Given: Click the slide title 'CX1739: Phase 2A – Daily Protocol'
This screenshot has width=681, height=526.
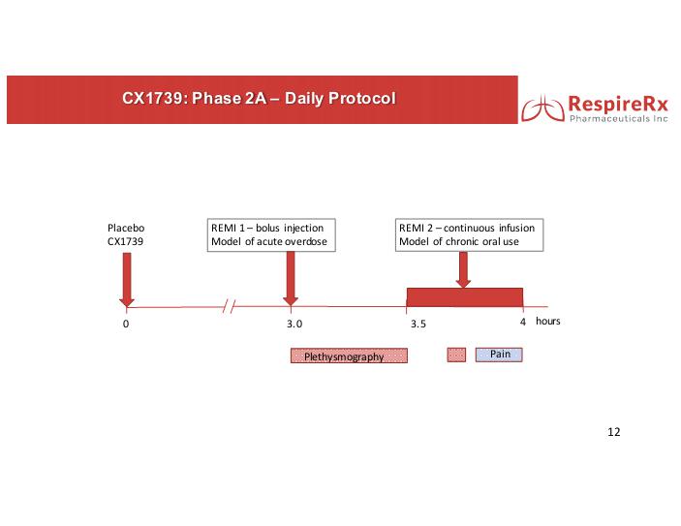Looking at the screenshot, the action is tap(259, 98).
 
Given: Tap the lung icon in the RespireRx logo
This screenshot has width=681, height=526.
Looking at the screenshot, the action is tap(542, 108).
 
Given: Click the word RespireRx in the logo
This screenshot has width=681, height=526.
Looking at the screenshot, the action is tap(618, 105).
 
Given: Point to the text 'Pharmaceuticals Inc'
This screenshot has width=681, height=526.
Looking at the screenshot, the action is tap(619, 118).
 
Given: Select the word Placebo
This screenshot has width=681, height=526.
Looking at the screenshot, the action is tap(126, 228).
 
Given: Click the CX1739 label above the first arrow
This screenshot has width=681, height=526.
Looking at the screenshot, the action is tap(125, 241).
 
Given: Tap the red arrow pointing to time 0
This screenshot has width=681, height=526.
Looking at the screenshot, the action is tap(127, 280).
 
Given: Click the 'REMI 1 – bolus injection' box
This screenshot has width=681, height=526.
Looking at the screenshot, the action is tap(271, 235).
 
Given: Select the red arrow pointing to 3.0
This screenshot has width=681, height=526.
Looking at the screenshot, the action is tap(291, 279).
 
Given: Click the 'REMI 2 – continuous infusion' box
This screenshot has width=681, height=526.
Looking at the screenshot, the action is tap(469, 235).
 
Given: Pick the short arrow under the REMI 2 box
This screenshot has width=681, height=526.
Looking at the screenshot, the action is tap(463, 269).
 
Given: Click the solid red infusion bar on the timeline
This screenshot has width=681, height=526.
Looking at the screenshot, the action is tap(465, 297).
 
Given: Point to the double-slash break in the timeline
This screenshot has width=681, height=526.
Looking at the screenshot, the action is tap(229, 307).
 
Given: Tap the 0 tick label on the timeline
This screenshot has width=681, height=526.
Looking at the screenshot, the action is tap(126, 324).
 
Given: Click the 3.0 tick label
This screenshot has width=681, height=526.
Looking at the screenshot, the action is tap(294, 324).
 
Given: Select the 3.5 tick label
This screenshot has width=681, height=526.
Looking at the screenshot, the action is tap(418, 324).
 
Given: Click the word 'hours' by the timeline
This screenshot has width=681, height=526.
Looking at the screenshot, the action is tap(547, 321).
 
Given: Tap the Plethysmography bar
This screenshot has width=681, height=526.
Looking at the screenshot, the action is tap(349, 356).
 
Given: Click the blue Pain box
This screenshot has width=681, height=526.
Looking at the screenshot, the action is tap(499, 355).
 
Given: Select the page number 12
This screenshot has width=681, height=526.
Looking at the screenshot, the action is tap(614, 432).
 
